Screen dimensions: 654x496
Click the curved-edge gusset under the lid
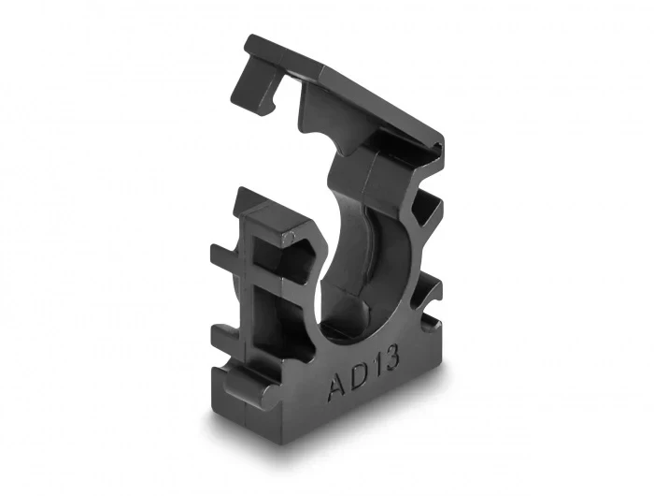coord(330,125)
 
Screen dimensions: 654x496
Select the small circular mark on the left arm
coord(290,237)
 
